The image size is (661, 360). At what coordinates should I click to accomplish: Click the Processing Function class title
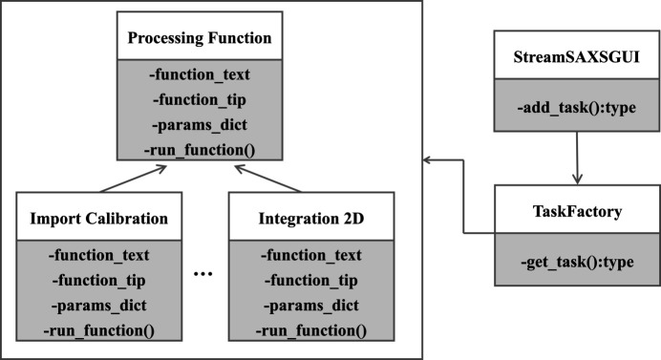pyautogui.click(x=200, y=38)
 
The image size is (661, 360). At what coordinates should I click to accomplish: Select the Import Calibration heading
pyautogui.click(x=99, y=219)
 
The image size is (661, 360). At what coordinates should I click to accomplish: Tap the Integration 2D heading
pyautogui.click(x=311, y=219)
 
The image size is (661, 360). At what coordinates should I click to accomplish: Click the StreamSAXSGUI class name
pyautogui.click(x=576, y=56)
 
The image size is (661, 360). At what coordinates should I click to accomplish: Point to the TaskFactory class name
pyautogui.click(x=577, y=211)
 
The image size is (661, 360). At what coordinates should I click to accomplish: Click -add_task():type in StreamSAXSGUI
pyautogui.click(x=577, y=108)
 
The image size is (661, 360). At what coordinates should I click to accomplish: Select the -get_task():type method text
pyautogui.click(x=577, y=262)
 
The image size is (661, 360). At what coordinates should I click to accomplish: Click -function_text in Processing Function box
pyautogui.click(x=200, y=74)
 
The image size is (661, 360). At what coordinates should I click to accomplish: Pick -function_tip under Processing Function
pyautogui.click(x=200, y=100)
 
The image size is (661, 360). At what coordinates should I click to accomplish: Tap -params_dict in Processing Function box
pyautogui.click(x=200, y=125)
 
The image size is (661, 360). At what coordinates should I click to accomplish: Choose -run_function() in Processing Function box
pyautogui.click(x=200, y=150)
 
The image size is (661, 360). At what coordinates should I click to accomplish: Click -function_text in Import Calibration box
pyautogui.click(x=99, y=255)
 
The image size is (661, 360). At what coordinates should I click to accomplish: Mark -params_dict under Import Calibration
pyautogui.click(x=99, y=306)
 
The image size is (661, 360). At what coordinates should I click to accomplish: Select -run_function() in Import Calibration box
pyautogui.click(x=99, y=330)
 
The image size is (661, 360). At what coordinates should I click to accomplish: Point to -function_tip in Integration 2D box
pyautogui.click(x=311, y=281)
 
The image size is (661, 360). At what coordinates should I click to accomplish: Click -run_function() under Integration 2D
pyautogui.click(x=311, y=330)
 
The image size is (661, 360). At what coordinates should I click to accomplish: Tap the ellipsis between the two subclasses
pyautogui.click(x=203, y=274)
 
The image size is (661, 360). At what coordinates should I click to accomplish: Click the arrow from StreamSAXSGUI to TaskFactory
pyautogui.click(x=577, y=158)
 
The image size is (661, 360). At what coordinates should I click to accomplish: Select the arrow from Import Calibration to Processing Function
pyautogui.click(x=133, y=179)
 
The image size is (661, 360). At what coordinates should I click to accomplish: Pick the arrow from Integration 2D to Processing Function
pyautogui.click(x=268, y=179)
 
